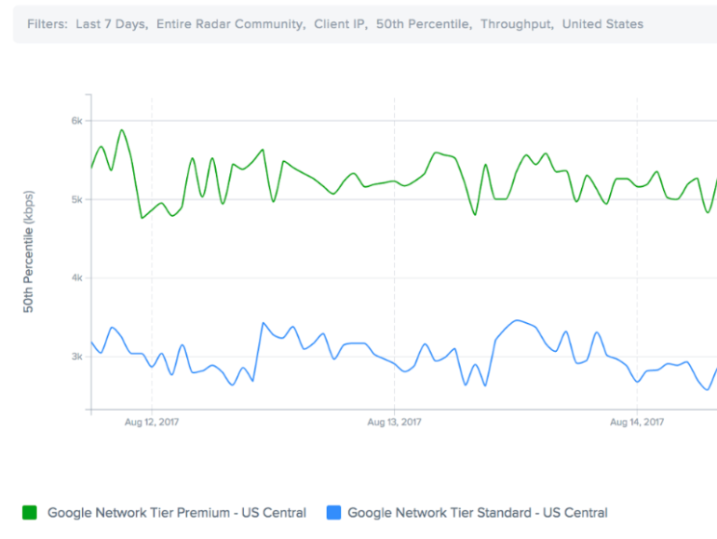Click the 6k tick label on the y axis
tap(77, 121)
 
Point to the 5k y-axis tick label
tap(77, 199)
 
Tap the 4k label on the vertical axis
tap(77, 278)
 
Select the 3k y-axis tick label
tap(77, 357)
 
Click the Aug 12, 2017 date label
tap(152, 422)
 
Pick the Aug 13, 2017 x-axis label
tap(395, 422)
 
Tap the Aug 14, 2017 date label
tap(637, 422)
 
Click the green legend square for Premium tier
tap(30, 512)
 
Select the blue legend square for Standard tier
tap(333, 512)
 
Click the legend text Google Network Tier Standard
tap(477, 512)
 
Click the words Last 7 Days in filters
tap(111, 24)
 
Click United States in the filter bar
tap(603, 24)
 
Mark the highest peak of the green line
tap(122, 130)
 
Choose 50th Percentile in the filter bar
tap(424, 24)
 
